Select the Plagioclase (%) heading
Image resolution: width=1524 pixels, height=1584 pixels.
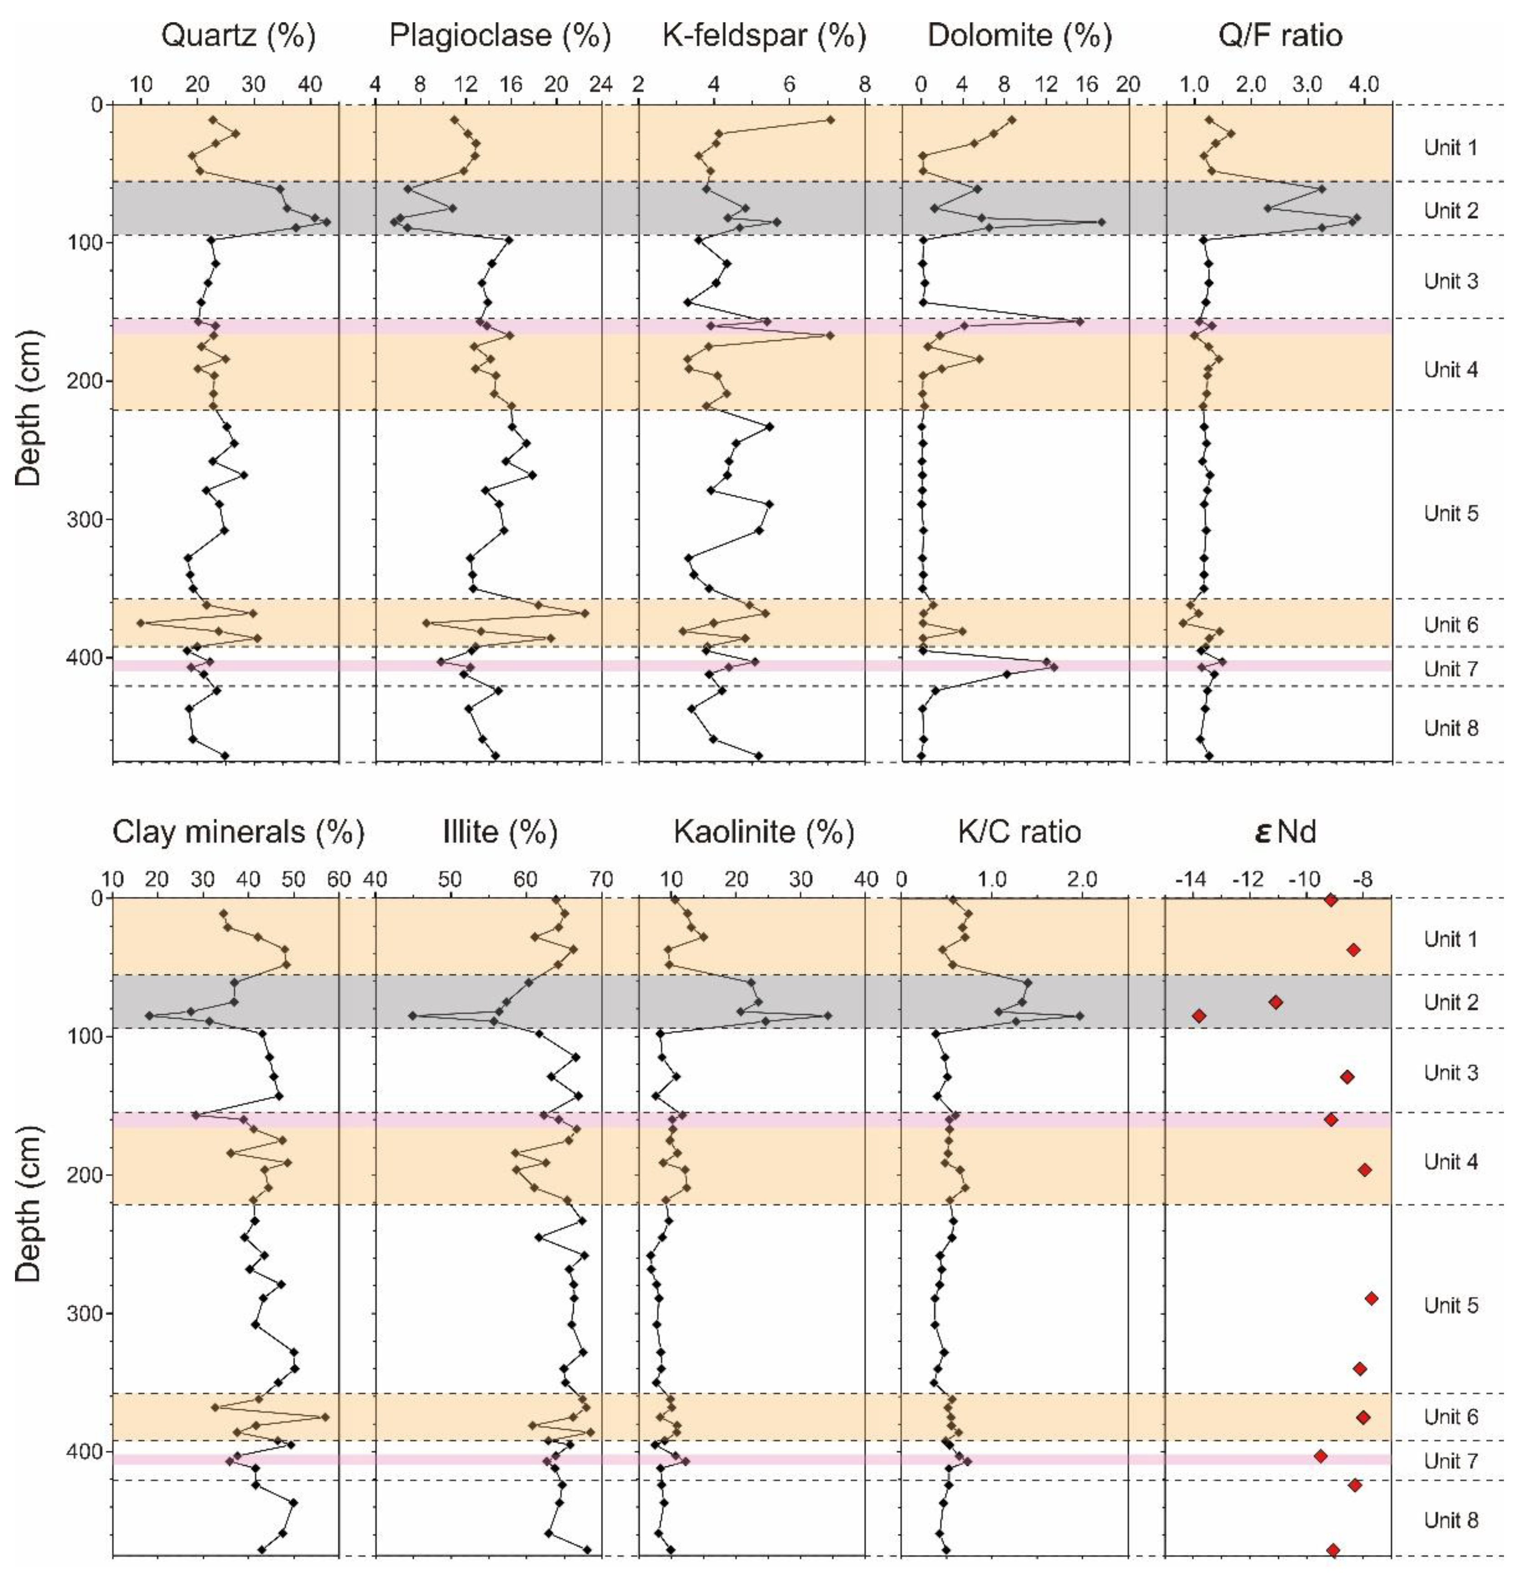(x=500, y=35)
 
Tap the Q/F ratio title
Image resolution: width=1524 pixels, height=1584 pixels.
(x=1280, y=35)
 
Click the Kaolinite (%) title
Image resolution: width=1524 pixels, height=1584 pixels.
(x=764, y=831)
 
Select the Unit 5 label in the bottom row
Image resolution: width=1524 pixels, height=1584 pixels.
(x=1450, y=1305)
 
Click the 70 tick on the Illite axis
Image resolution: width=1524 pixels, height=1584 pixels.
(x=601, y=879)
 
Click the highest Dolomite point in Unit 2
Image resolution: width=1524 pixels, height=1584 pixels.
(x=1100, y=222)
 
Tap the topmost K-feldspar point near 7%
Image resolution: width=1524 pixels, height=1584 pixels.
(x=829, y=120)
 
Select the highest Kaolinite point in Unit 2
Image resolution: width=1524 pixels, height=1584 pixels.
(x=827, y=1016)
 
